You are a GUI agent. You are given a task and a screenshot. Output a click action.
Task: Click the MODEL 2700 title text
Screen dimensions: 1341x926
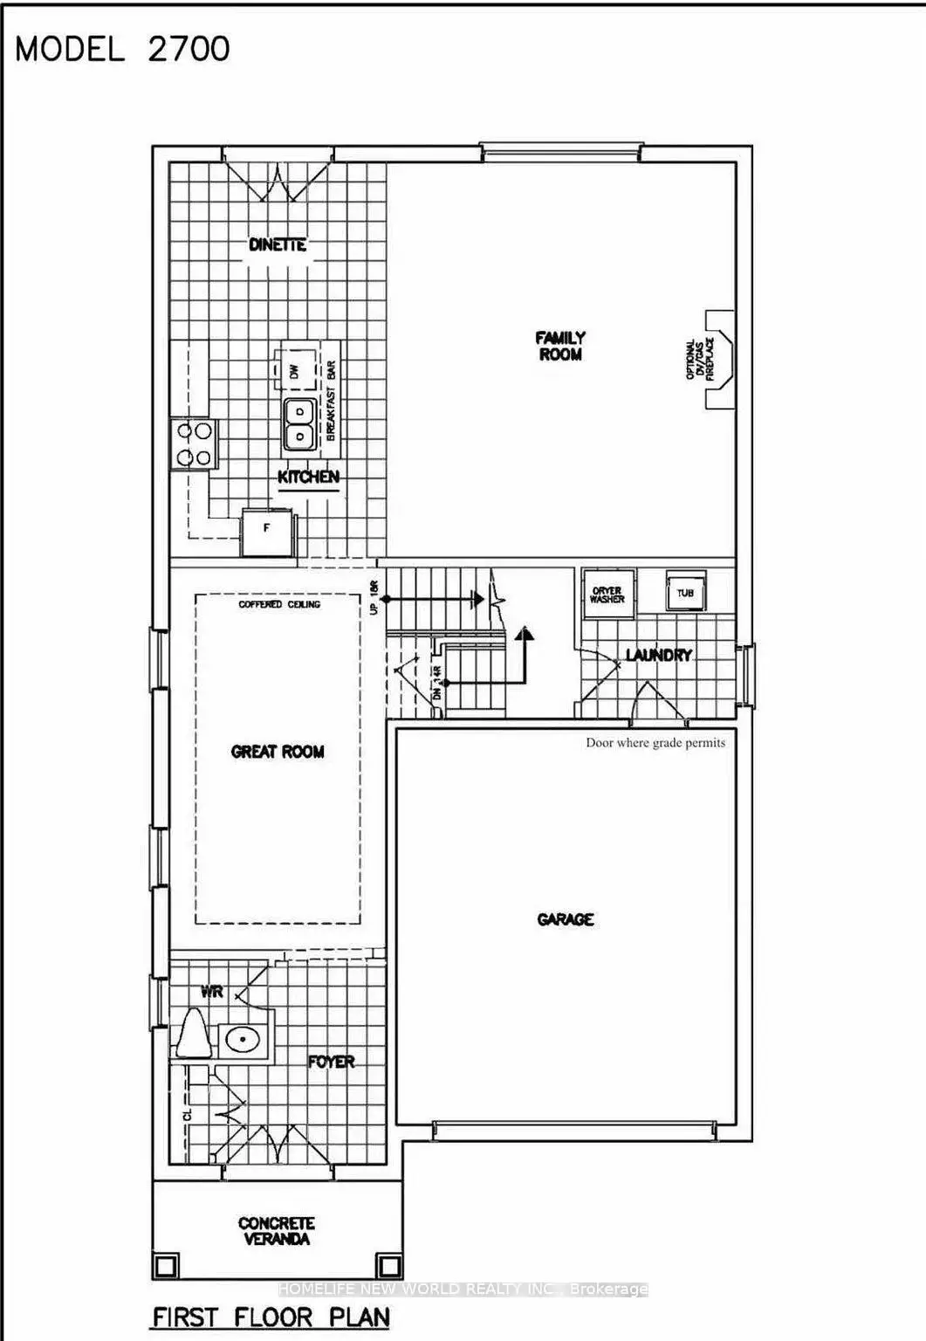coord(123,49)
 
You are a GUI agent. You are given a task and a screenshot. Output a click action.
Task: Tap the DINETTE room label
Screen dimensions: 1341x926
coord(278,244)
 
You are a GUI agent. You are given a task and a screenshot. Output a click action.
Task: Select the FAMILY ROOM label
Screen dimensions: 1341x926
coord(560,346)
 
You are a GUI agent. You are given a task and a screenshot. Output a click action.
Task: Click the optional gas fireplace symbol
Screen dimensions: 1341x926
coord(718,358)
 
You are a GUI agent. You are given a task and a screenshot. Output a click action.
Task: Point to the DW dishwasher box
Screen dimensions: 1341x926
coord(293,370)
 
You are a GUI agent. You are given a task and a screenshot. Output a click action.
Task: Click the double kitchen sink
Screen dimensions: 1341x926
coord(299,423)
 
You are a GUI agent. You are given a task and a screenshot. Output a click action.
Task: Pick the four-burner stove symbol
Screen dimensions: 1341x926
coord(194,444)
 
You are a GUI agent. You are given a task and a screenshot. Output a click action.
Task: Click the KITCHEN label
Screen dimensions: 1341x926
coord(308,477)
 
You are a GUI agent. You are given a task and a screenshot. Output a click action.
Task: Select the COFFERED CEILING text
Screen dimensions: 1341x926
coord(279,604)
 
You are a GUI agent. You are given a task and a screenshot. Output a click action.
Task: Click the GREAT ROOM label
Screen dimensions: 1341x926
coord(278,751)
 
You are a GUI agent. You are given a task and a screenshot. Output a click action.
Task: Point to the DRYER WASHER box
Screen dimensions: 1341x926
coord(607,595)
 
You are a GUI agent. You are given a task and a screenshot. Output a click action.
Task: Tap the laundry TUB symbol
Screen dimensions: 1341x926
coord(685,593)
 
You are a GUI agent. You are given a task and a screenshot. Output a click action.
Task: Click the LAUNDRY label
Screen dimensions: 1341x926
coord(658,654)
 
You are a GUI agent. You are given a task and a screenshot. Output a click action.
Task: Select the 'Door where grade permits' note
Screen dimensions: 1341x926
coord(655,743)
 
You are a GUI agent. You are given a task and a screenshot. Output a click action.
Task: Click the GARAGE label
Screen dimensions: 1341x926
coord(566,919)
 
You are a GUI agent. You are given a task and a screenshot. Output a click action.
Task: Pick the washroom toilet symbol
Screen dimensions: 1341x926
coord(191,1035)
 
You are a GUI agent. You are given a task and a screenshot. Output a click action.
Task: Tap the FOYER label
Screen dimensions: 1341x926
coord(332,1062)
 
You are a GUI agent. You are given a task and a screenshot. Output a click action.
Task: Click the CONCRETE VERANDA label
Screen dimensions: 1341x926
coord(277,1230)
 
